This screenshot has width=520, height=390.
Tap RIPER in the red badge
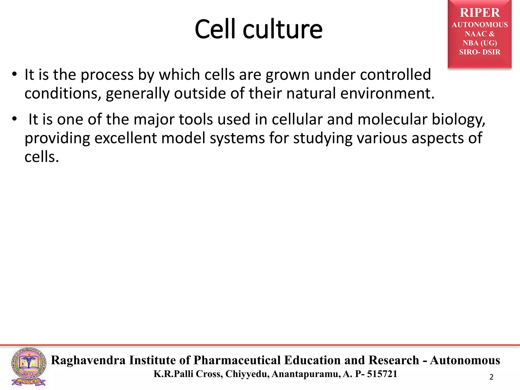tap(480, 13)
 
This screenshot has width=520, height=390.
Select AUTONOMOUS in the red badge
tap(480, 25)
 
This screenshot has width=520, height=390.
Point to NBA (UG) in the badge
tap(480, 43)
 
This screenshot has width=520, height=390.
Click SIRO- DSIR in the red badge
tap(480, 52)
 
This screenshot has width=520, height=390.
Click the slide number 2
tap(491, 377)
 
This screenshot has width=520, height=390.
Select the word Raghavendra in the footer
tap(88, 360)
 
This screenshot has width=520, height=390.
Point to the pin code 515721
tap(382, 374)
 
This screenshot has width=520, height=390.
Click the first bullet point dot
tap(14, 74)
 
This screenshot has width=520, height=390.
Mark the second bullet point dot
tap(14, 119)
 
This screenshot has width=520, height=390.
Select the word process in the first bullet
tap(107, 75)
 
